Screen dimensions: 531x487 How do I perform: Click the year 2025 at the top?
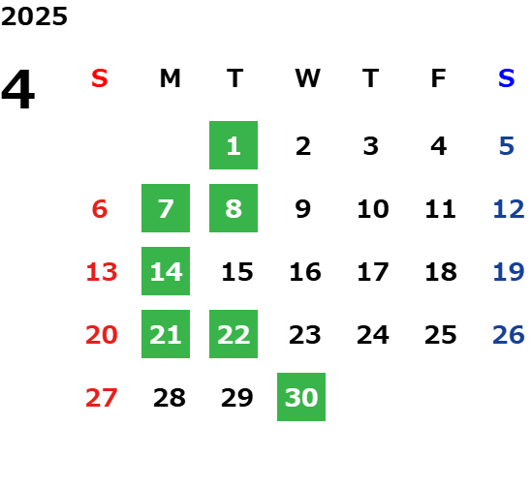34,16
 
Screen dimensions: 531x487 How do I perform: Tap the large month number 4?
18,89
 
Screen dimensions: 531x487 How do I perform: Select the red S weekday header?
100,78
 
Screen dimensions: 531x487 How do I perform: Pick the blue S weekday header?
507,78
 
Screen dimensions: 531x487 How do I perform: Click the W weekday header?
307,78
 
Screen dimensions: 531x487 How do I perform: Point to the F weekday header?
439,78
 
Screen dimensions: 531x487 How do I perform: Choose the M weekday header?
170,78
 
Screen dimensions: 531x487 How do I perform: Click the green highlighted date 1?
234,145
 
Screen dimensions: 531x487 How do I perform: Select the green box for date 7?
166,208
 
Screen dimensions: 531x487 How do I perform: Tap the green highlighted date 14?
166,271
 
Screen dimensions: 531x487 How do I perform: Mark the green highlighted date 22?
234,334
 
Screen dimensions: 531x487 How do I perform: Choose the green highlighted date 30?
301,397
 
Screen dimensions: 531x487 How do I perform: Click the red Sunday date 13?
102,272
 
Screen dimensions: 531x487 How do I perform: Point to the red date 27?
102,398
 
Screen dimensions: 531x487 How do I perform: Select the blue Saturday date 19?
509,272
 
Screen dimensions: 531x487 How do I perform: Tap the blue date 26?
509,335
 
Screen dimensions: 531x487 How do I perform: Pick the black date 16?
305,272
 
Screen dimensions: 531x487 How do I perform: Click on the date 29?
237,398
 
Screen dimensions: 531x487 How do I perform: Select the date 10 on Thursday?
373,209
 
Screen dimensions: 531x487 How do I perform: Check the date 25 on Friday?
441,335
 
